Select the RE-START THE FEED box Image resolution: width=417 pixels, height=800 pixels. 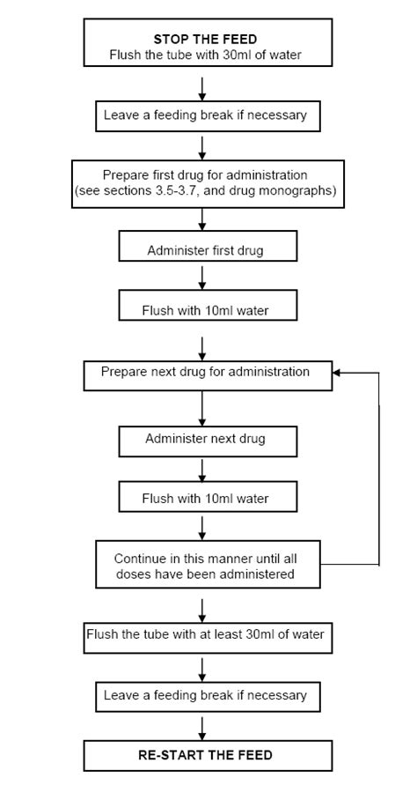(x=208, y=755)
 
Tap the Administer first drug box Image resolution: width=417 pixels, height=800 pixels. (x=205, y=251)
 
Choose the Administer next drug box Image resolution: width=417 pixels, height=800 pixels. (x=205, y=438)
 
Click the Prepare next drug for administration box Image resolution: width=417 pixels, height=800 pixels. (x=207, y=373)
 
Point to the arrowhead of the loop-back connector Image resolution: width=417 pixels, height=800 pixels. (x=337, y=373)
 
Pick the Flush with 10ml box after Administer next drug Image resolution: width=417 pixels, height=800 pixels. (x=205, y=499)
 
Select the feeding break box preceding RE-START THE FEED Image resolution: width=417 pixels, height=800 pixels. (x=205, y=695)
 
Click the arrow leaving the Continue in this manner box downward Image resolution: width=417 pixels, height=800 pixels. (x=203, y=608)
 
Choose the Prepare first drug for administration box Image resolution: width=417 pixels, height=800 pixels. (x=207, y=183)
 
